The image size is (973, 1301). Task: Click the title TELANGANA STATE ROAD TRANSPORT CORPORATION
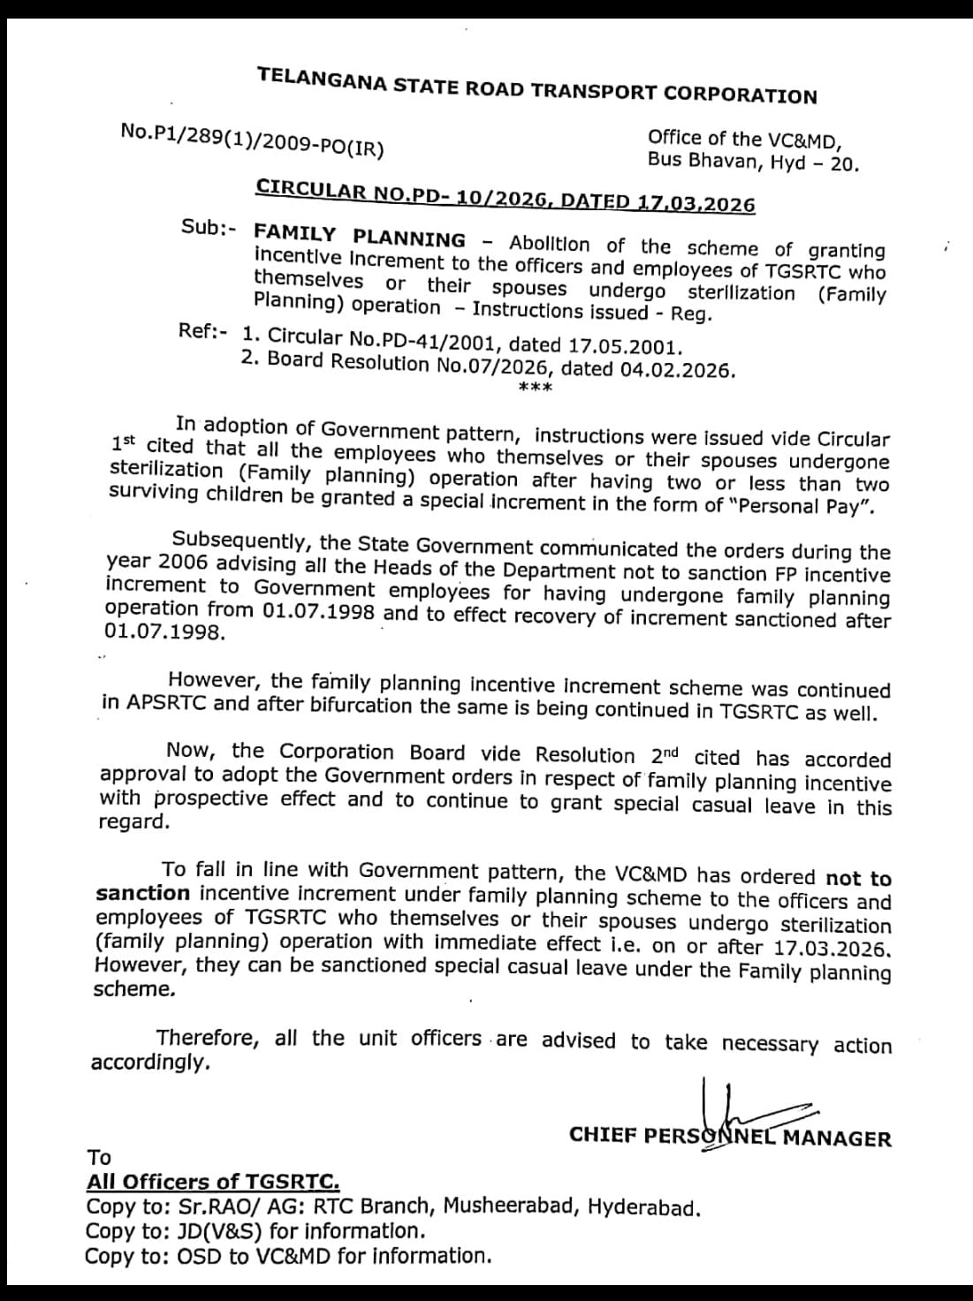537,86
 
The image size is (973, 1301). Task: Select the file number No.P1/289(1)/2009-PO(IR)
252,140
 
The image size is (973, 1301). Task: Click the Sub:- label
209,227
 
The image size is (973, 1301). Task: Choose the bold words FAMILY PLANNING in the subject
359,237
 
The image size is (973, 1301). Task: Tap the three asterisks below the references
535,390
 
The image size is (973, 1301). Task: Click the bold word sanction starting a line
142,893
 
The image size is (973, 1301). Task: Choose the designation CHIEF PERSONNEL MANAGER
730,1137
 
